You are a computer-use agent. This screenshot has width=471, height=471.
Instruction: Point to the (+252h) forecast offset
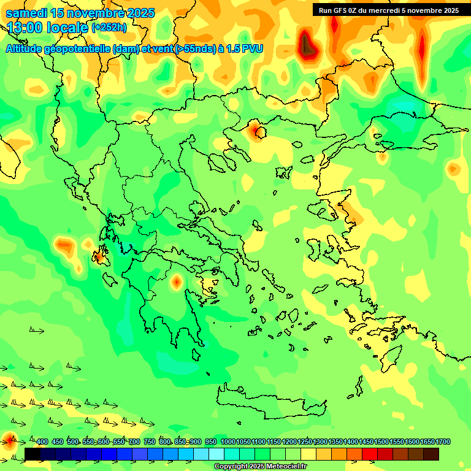(109, 28)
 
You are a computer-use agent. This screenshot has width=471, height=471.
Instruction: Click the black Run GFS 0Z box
(389, 10)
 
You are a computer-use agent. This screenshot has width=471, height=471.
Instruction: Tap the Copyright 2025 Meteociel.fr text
(260, 467)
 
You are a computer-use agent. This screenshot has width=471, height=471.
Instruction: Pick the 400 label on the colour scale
(42, 442)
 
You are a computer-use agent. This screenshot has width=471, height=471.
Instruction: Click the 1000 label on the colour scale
(228, 442)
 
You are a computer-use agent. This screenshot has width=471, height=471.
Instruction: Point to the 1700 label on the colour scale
(443, 442)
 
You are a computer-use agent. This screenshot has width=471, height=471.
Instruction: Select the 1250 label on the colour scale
(304, 442)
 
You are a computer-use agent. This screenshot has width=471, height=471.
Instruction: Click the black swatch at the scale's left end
(33, 454)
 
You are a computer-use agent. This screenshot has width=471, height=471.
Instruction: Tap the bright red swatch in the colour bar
(370, 454)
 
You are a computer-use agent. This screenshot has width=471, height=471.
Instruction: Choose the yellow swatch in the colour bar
(308, 454)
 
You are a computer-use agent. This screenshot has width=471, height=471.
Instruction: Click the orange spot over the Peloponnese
(177, 282)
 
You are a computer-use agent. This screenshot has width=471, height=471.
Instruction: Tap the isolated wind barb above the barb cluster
(37, 331)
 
